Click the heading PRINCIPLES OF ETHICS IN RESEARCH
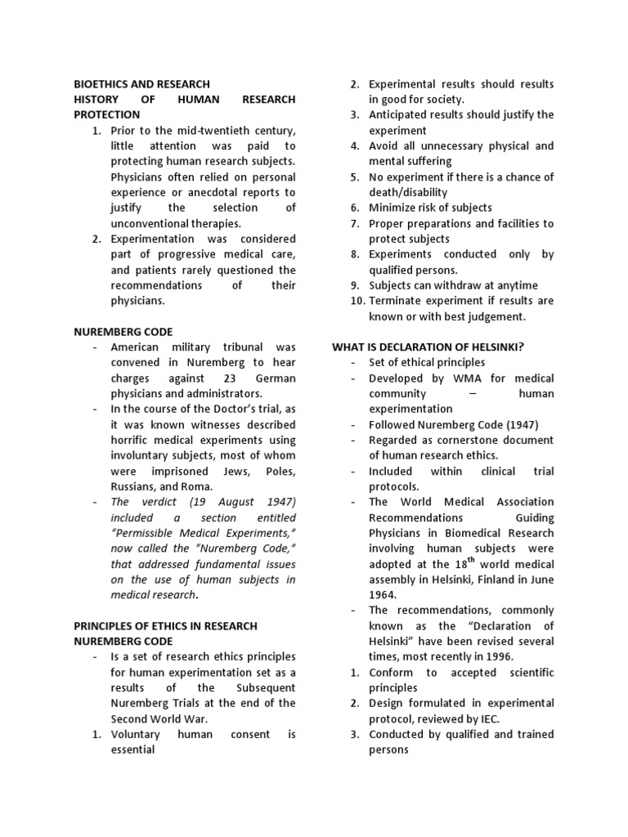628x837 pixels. pyautogui.click(x=165, y=626)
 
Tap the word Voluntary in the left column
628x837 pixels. pyautogui.click(x=137, y=735)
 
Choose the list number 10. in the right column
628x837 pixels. pyautogui.click(x=354, y=301)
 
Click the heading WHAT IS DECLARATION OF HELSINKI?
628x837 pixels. pyautogui.click(x=428, y=347)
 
